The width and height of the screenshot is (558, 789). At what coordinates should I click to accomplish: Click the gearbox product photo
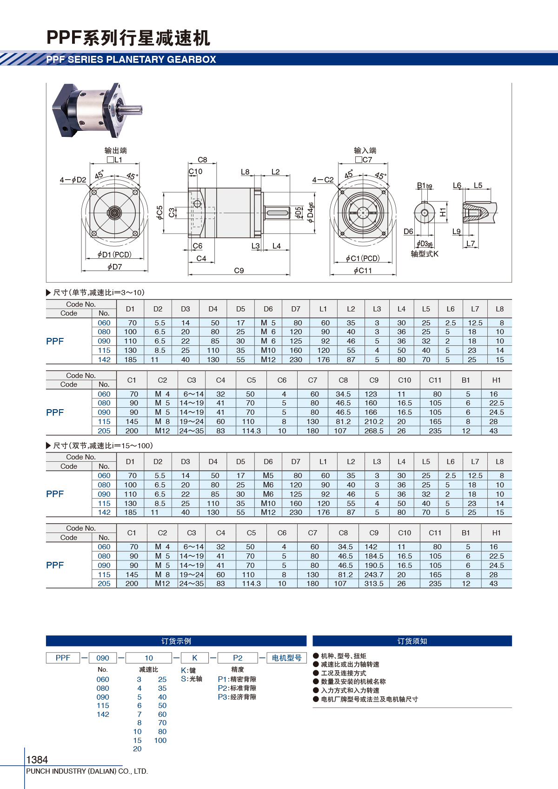pos(97,111)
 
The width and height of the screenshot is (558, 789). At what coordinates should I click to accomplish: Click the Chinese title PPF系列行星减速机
pos(128,38)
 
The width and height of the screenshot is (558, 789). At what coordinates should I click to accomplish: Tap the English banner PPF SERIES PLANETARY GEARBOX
pos(131,60)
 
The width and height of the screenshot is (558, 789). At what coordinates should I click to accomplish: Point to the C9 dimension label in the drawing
pos(239,270)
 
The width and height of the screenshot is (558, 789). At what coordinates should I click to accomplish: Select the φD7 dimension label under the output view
pos(114,267)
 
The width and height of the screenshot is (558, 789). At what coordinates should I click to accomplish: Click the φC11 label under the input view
pos(363,270)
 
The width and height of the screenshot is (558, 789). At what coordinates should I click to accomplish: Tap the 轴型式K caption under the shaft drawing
pos(425,254)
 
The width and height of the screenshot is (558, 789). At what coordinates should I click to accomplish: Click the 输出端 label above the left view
pos(116,150)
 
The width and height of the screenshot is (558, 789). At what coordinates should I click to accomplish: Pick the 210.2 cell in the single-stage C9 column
pos(373,422)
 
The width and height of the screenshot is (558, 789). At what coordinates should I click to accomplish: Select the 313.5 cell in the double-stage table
pos(373,584)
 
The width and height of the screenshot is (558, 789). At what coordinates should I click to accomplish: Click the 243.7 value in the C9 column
pos(373,575)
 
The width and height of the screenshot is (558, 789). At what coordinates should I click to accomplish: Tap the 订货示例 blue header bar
pos(176,641)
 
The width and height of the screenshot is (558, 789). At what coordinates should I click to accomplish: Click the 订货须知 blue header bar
pos(412,641)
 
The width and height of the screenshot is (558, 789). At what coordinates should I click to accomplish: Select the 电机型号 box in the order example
pos(286,658)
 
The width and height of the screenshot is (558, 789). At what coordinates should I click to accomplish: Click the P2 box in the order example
pos(238,658)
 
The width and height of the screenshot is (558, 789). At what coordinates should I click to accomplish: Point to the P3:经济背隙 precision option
pos(237,697)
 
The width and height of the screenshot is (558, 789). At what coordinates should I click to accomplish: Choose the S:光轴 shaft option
pos(192,679)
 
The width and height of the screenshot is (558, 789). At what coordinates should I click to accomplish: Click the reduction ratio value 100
pos(160,741)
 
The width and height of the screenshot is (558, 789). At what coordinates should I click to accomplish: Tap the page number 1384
pos(37,760)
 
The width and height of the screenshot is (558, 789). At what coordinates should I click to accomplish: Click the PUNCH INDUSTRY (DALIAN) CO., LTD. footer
pos(87,771)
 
